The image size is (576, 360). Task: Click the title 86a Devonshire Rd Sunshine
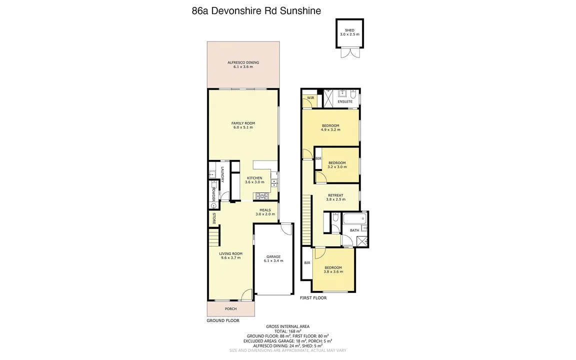[x=256, y=10]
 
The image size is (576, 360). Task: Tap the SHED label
[x=349, y=30]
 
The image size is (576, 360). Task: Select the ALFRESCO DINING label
[x=243, y=62]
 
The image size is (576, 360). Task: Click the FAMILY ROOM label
[x=243, y=123]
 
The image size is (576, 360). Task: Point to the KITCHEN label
[x=254, y=178]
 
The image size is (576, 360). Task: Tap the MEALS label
[x=265, y=210]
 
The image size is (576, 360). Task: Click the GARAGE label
[x=273, y=256]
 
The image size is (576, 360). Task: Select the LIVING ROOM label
[x=230, y=253]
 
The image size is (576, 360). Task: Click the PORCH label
[x=230, y=309]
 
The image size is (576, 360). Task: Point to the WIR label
[x=310, y=97]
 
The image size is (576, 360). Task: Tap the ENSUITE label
[x=344, y=101]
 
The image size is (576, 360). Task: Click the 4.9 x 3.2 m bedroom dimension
[x=330, y=130]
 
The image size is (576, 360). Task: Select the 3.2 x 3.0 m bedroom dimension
[x=337, y=167]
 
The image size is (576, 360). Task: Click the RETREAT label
[x=335, y=195]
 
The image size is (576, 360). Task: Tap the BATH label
[x=354, y=230]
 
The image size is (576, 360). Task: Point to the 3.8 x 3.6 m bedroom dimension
[x=333, y=272]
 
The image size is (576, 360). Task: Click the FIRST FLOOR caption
[x=313, y=298]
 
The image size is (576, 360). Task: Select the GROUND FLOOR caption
[x=223, y=320]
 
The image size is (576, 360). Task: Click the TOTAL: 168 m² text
[x=287, y=331]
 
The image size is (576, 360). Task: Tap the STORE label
[x=214, y=218]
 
